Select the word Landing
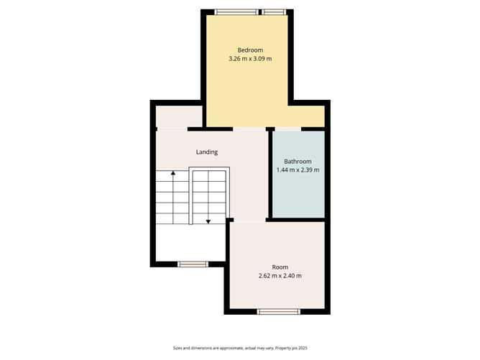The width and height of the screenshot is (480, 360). (x=207, y=152)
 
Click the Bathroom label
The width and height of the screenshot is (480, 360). (x=297, y=161)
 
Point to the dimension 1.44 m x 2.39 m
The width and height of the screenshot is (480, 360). (x=297, y=170)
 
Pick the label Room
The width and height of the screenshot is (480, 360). (x=280, y=267)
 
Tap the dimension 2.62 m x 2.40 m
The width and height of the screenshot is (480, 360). (x=280, y=276)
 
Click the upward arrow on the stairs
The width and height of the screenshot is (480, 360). (x=172, y=174)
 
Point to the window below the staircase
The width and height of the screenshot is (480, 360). (x=194, y=264)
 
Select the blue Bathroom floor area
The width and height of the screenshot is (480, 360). (x=297, y=194)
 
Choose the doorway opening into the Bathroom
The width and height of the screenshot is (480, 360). (x=287, y=129)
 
